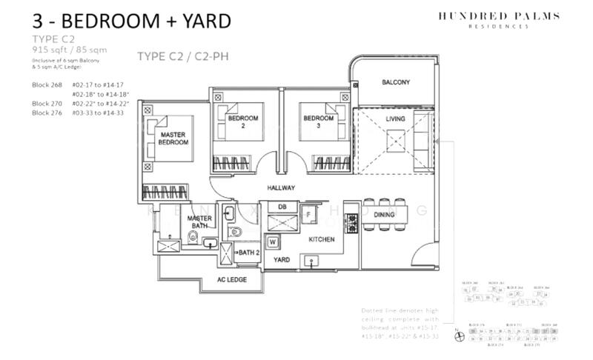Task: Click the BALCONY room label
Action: click(x=396, y=82)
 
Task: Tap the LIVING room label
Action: click(x=397, y=119)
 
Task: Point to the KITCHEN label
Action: click(x=322, y=239)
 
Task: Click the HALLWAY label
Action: click(x=281, y=188)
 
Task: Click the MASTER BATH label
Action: click(x=199, y=223)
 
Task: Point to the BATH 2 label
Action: click(x=249, y=253)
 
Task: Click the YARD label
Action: click(x=282, y=260)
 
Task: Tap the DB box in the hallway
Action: click(x=282, y=206)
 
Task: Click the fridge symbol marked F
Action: click(x=308, y=215)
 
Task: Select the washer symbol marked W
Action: click(x=274, y=241)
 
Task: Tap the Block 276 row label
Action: click(x=45, y=113)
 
